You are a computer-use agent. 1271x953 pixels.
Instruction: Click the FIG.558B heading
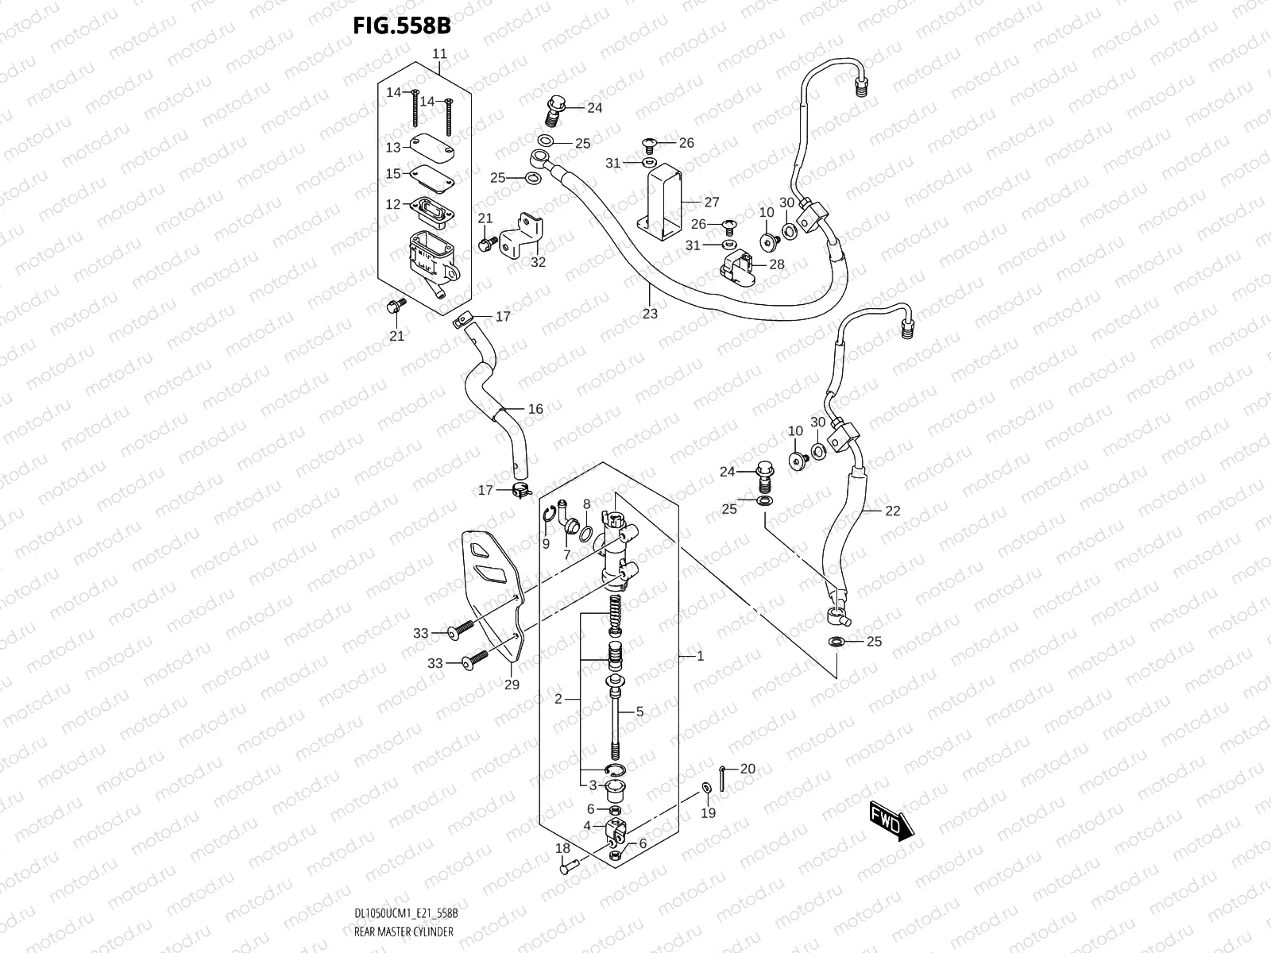(402, 26)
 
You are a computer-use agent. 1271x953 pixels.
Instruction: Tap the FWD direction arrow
(892, 820)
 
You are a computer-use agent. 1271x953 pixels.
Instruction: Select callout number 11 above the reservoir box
(439, 54)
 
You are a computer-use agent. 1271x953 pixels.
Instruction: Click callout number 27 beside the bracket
(711, 203)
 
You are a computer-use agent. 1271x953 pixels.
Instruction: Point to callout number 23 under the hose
(650, 314)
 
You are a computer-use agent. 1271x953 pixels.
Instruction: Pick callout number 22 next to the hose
(892, 511)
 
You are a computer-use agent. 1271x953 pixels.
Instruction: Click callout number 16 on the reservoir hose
(535, 409)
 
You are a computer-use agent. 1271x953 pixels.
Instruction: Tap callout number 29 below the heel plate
(512, 685)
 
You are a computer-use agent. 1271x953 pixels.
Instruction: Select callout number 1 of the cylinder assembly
(700, 656)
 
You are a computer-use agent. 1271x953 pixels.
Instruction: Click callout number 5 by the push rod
(639, 712)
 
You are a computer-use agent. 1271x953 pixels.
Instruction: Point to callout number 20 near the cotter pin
(748, 769)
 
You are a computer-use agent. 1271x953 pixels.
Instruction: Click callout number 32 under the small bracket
(539, 263)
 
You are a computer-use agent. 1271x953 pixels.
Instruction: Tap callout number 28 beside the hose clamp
(776, 264)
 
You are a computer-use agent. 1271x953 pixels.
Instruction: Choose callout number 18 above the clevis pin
(562, 849)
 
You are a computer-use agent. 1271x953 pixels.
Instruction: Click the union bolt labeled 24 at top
(554, 106)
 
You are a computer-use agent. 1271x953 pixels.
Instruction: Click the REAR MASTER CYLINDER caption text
(404, 932)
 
